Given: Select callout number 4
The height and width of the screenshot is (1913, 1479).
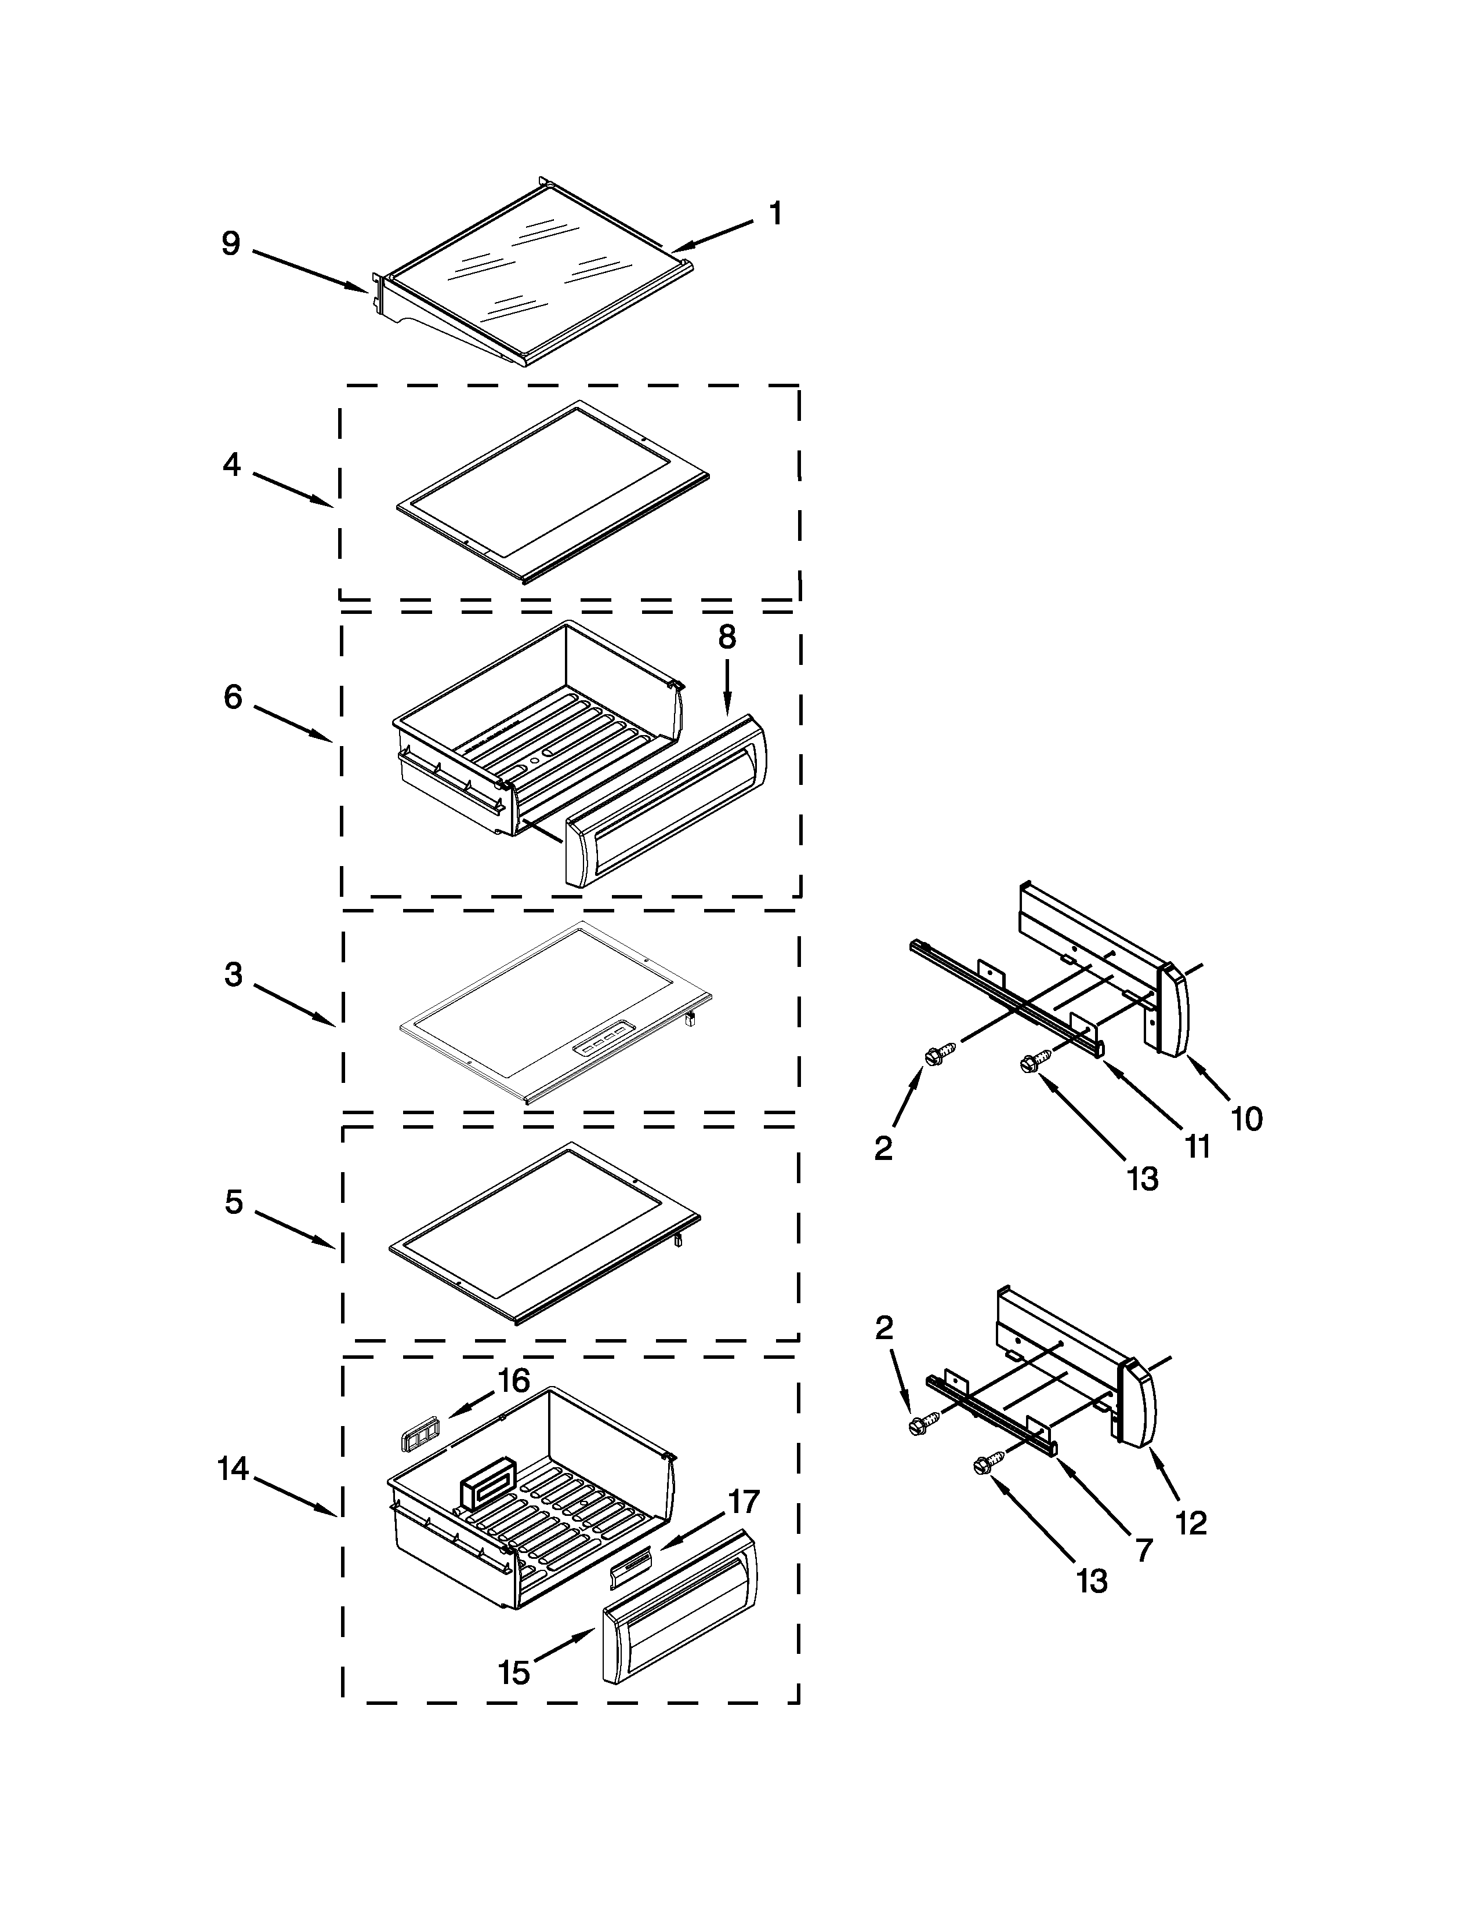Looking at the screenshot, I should (231, 464).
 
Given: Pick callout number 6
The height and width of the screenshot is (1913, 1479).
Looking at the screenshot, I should (232, 697).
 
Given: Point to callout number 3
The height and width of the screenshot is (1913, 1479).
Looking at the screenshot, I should (233, 974).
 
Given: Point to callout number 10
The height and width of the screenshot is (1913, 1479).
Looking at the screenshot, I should (1247, 1119).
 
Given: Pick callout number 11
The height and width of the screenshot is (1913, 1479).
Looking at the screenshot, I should (1197, 1147).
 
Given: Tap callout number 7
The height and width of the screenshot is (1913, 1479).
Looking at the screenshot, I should (1144, 1550).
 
